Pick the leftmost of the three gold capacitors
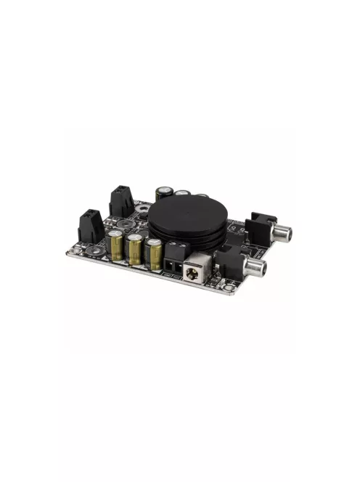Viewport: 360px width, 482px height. (x=117, y=245)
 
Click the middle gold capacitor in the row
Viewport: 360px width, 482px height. (x=136, y=250)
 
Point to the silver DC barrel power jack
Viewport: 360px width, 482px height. (x=197, y=270)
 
